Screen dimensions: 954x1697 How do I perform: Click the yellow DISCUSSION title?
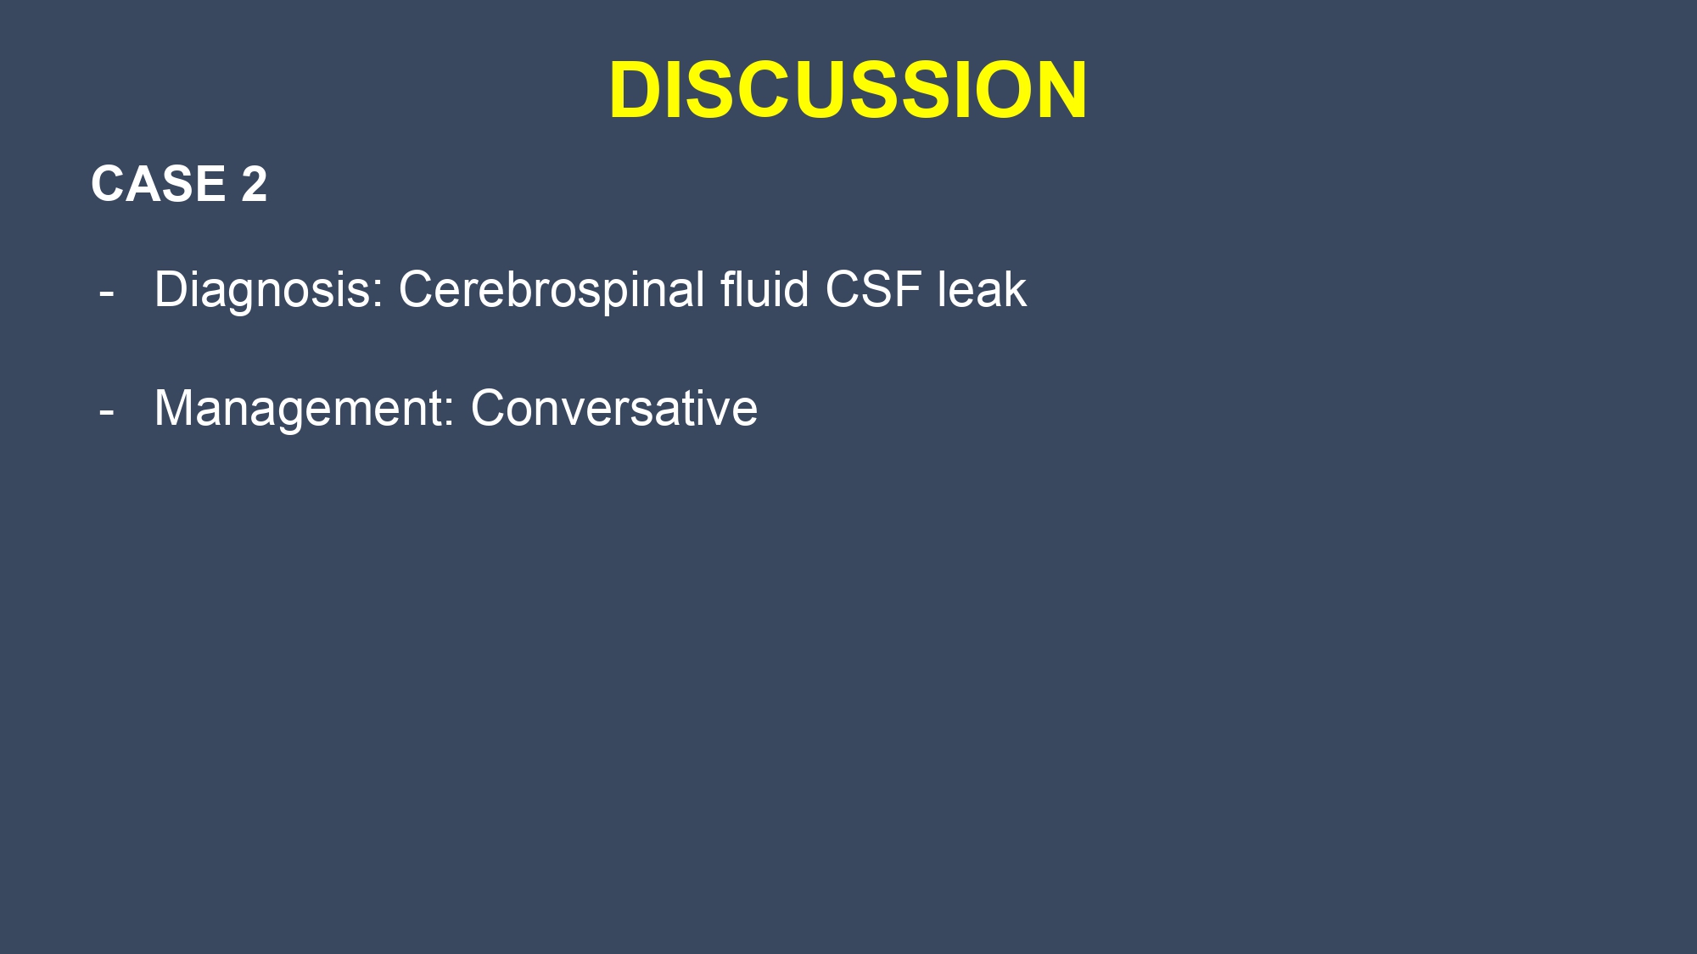pos(848,90)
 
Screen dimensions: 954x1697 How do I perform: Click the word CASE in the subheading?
pos(158,184)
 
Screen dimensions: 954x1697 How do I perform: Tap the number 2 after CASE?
pos(254,184)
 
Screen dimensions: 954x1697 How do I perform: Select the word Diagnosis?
pos(262,290)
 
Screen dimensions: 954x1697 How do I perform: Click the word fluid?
pos(764,289)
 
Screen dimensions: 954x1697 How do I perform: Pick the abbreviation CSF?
pos(873,289)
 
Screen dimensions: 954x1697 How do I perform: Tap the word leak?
pos(982,289)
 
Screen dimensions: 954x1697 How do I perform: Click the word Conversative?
pos(613,408)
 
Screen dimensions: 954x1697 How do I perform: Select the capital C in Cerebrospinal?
pos(417,289)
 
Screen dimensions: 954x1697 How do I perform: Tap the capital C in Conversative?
pos(490,408)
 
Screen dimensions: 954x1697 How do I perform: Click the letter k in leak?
pos(1015,289)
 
